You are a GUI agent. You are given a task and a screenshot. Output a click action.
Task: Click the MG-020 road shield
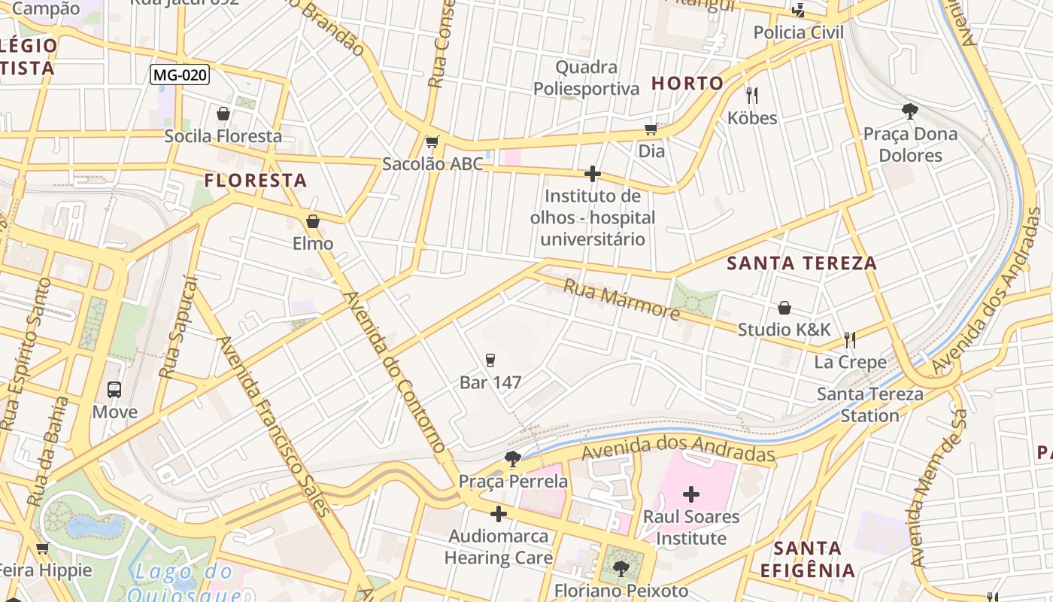180,74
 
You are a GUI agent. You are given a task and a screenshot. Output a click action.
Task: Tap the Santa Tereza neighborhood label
802,263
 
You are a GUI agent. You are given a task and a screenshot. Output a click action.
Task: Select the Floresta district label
256,181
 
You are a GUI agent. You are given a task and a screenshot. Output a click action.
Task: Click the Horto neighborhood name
687,84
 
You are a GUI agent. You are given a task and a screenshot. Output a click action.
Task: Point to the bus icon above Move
114,390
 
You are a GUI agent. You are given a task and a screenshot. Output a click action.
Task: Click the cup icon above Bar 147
490,360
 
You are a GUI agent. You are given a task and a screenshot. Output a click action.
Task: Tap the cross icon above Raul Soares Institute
691,494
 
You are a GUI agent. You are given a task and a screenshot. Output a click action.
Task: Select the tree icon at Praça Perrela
513,458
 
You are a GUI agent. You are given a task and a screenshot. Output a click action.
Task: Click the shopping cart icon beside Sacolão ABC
432,142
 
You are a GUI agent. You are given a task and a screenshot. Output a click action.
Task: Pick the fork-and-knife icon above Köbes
751,95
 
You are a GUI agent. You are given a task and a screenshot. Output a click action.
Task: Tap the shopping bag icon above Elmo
313,221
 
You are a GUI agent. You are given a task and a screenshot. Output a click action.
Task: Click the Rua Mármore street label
621,299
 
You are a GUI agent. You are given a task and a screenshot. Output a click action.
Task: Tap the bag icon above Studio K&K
784,308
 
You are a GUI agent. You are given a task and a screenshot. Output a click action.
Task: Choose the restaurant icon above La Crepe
850,340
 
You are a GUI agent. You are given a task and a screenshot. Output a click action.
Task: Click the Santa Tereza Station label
869,405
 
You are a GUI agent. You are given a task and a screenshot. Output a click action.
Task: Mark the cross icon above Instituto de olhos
593,175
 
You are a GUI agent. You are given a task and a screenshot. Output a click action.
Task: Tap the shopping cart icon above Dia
651,129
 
